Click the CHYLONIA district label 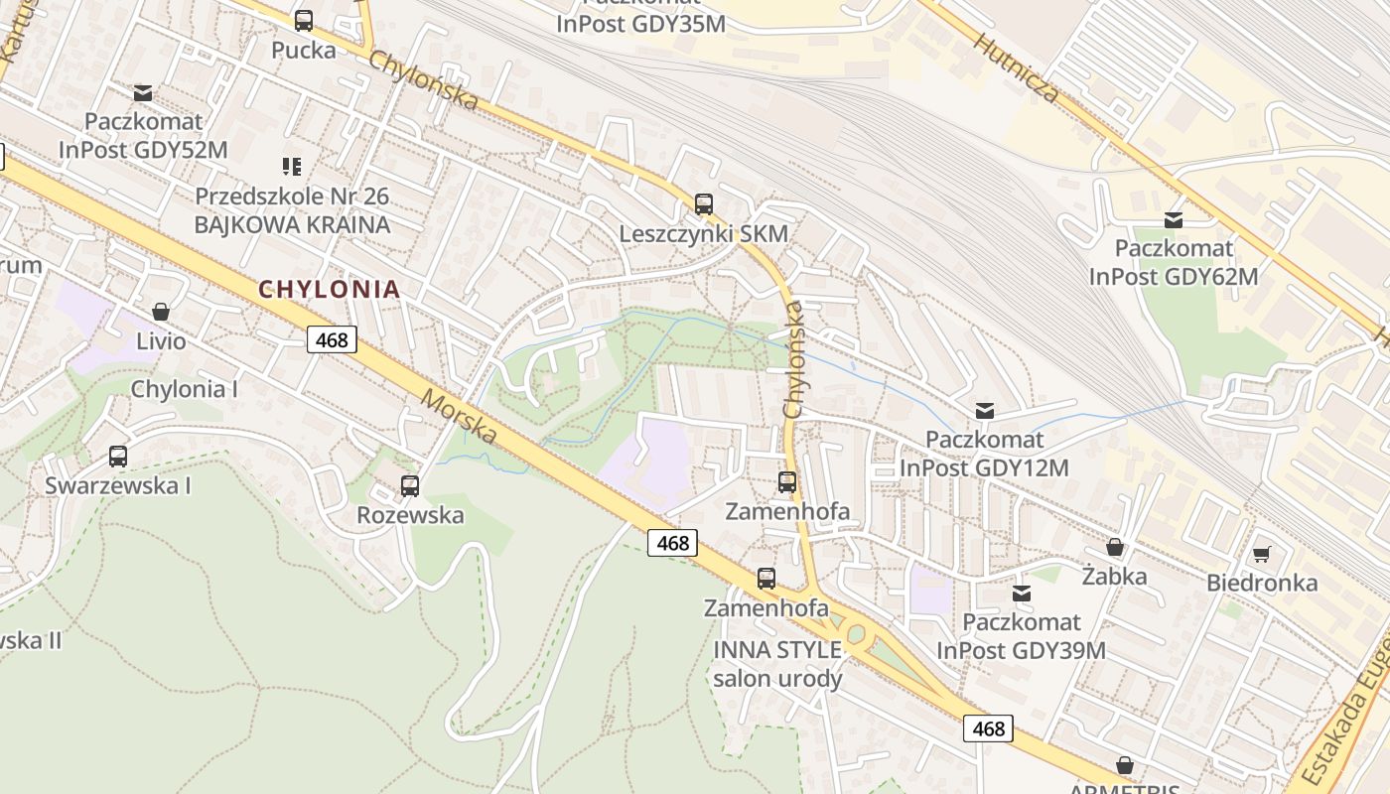coord(329,290)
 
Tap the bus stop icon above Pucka coord(304,20)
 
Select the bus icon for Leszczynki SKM coord(704,204)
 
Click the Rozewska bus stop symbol coord(410,486)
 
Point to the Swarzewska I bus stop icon coord(118,457)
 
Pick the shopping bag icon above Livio coord(161,312)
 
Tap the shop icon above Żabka coord(1115,548)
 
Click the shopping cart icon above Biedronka coord(1262,554)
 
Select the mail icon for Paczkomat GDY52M coord(143,92)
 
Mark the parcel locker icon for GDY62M coord(1174,219)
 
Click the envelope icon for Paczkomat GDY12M coord(985,410)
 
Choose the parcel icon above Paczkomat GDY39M coord(1021,594)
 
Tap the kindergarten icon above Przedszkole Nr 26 coord(292,166)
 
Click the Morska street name coord(459,417)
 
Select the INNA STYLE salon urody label coord(777,664)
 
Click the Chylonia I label coord(185,389)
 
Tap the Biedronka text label coord(1262,583)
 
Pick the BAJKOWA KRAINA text coord(292,224)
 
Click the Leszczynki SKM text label coord(703,234)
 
